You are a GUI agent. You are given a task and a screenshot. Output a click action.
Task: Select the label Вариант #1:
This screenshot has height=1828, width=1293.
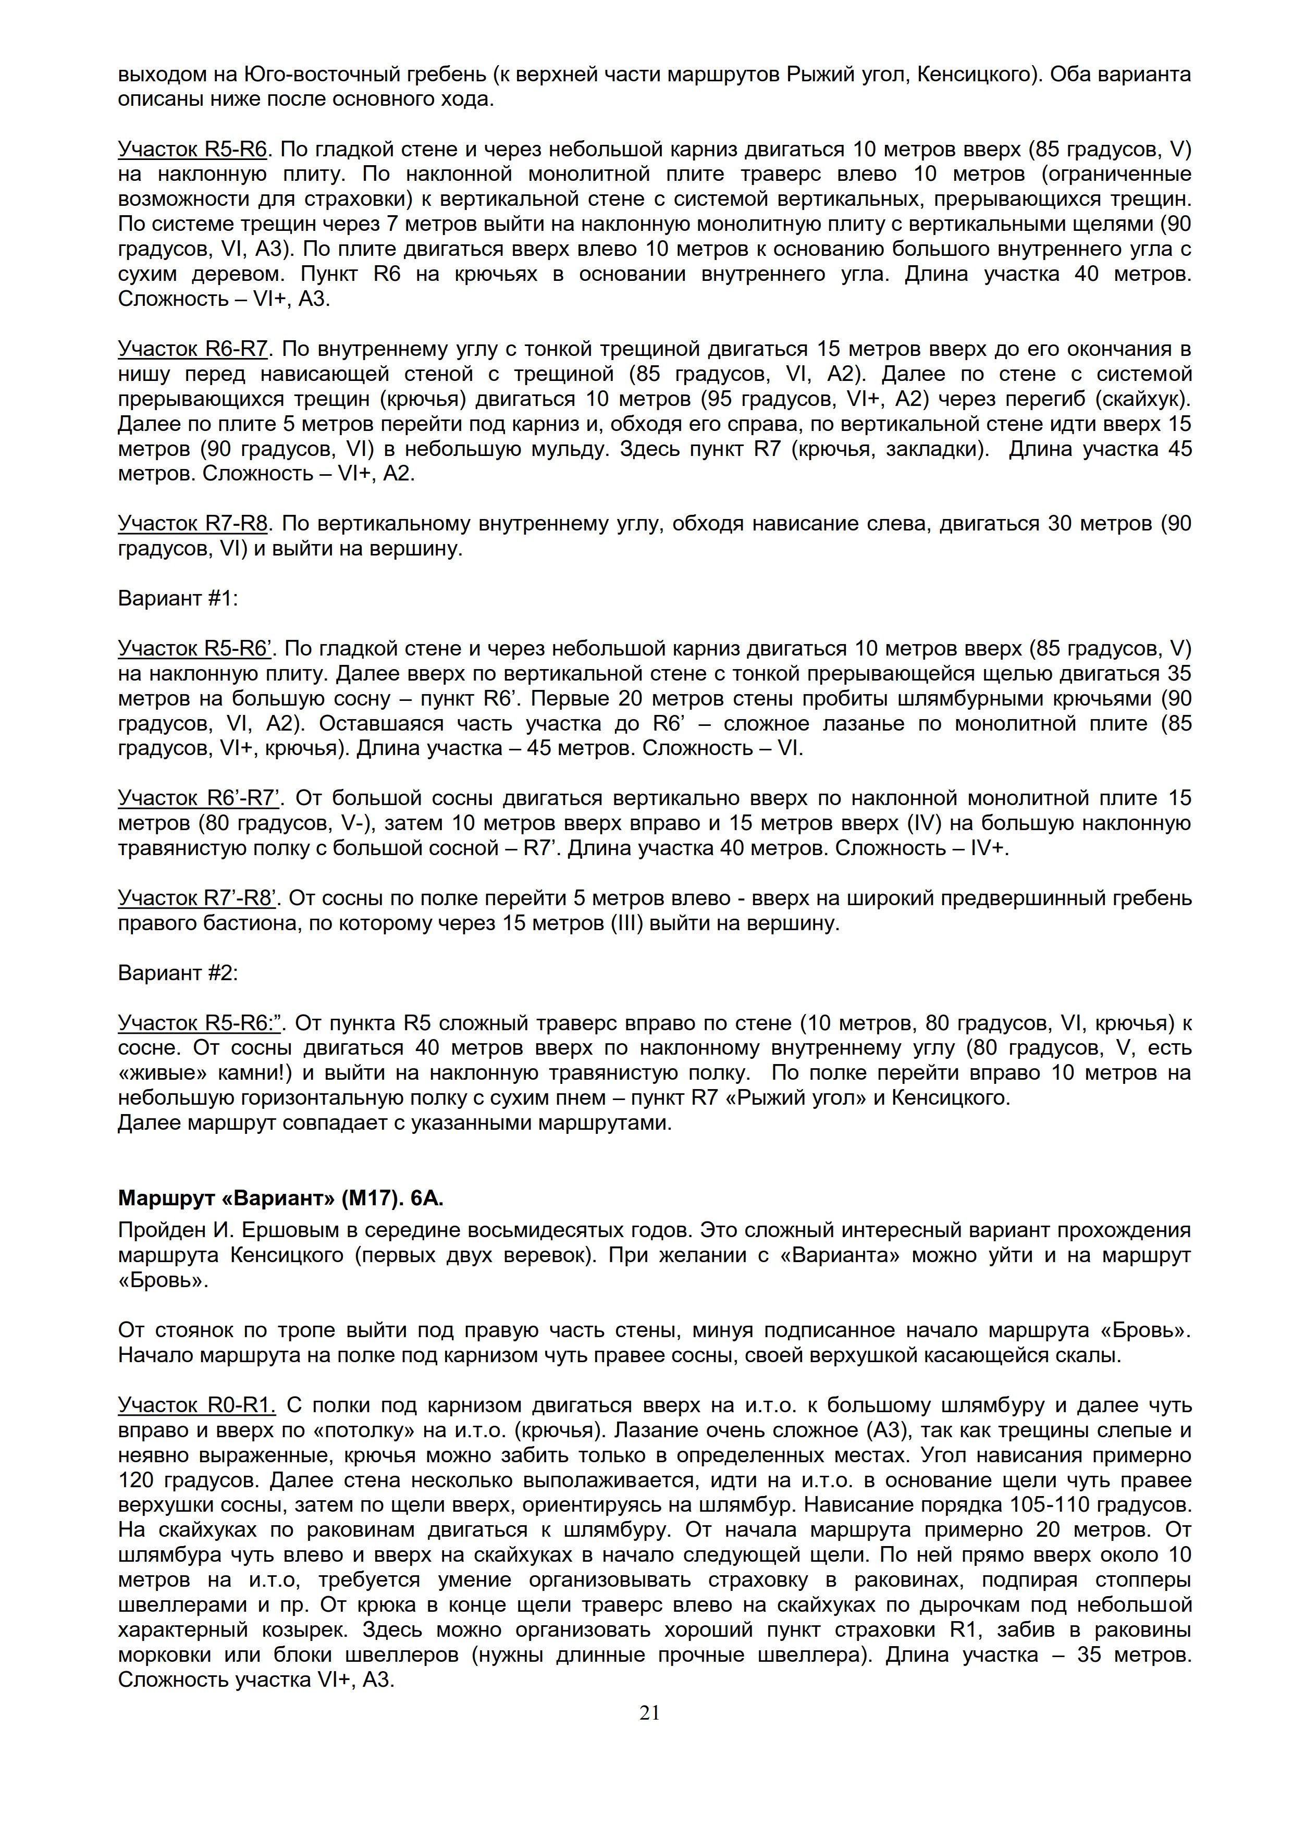tap(178, 599)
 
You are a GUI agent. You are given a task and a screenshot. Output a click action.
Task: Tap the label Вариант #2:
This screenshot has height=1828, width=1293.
tap(178, 973)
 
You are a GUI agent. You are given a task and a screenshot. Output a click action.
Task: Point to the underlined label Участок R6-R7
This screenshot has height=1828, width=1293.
tap(193, 349)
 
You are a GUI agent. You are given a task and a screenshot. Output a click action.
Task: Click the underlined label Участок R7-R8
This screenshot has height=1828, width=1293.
tap(193, 523)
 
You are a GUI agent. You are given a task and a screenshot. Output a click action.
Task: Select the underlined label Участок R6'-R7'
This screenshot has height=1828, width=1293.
tap(202, 798)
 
